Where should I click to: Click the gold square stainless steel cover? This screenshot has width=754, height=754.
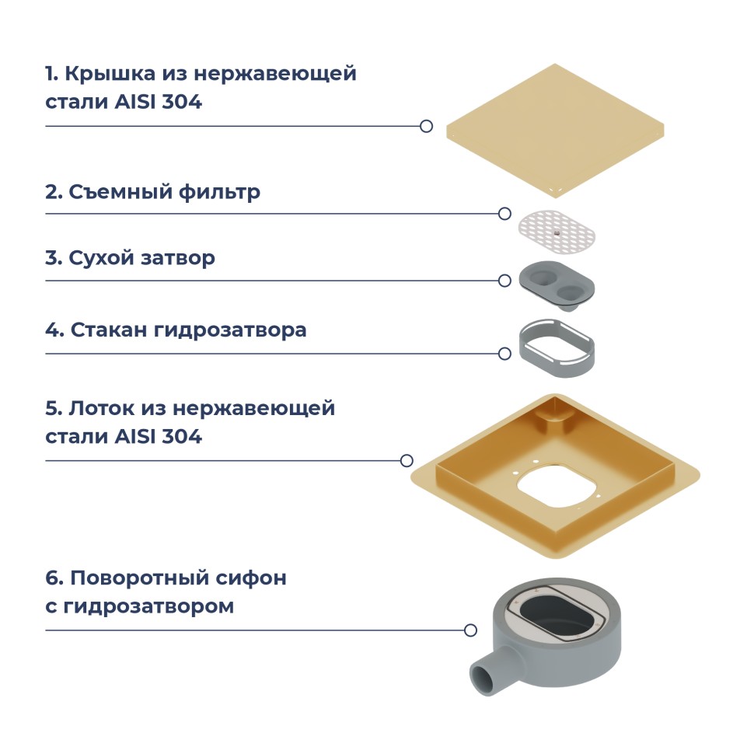pos(555,127)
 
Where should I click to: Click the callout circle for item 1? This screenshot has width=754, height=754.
pos(426,126)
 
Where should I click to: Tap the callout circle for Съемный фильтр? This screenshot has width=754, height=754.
pos(504,214)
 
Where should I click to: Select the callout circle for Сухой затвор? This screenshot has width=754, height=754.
pos(504,281)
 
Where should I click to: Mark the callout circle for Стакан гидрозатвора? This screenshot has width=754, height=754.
pos(504,354)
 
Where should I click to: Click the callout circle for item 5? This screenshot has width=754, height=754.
pos(407,460)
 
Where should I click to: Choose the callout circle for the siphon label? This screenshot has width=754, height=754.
pos(470,630)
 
